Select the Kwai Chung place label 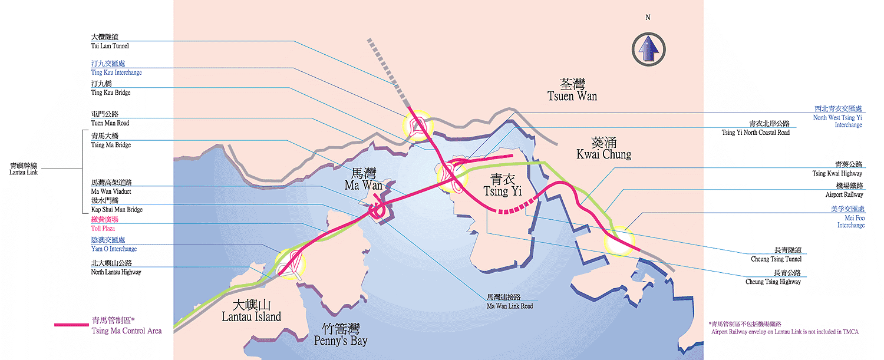click(603, 148)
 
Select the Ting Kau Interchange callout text click(116, 68)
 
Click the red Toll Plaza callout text click(103, 224)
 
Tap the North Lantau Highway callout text click(116, 267)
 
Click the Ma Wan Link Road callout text click(509, 302)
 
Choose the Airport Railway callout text click(844, 190)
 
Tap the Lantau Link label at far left click(24, 169)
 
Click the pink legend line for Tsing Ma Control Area click(71, 325)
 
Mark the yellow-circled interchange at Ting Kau click(417, 125)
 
